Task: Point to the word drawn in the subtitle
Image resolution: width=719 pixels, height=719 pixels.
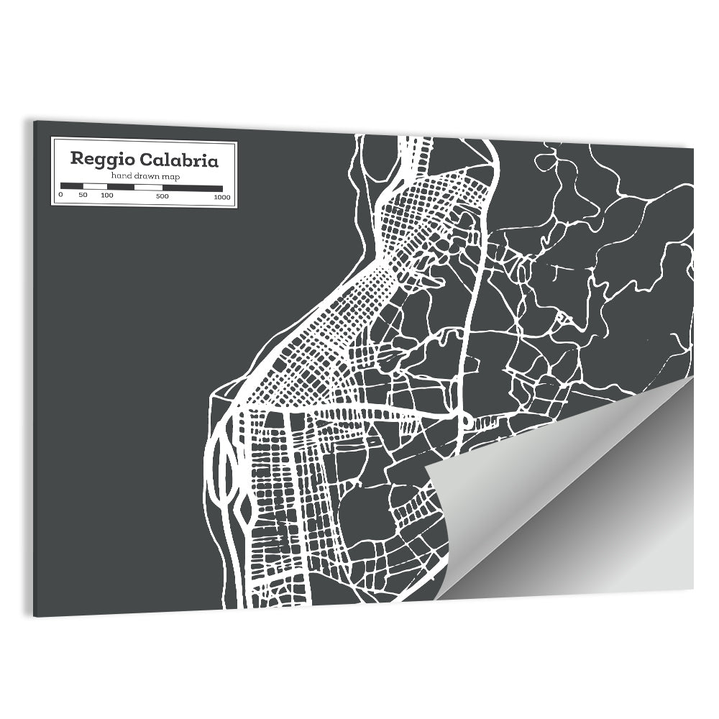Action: point(142,176)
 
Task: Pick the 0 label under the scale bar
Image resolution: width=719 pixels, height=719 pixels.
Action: point(61,196)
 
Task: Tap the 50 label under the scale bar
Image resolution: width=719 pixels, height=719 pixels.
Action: point(83,196)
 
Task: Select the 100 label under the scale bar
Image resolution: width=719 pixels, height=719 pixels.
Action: point(106,196)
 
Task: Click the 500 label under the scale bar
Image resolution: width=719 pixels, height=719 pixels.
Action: point(162,196)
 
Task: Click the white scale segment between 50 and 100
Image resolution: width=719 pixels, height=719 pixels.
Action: point(95,187)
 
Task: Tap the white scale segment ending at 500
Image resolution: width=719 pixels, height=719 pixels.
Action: point(148,187)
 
